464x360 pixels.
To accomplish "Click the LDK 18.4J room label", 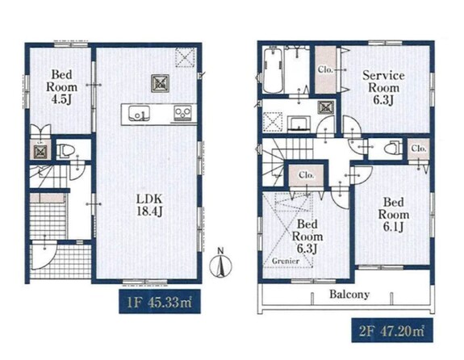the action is [149, 205].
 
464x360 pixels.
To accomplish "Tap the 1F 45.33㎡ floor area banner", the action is [160, 302].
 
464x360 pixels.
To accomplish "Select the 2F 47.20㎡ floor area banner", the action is [392, 330].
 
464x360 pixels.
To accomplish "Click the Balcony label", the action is [349, 295].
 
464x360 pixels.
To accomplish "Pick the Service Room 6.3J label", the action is [383, 88].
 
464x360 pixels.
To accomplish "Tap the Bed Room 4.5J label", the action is [61, 87].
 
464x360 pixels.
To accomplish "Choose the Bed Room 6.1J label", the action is [394, 215].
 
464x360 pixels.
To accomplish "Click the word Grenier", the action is [286, 261].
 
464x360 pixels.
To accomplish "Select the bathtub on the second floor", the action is [273, 71].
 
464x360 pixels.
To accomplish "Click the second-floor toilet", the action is [393, 147].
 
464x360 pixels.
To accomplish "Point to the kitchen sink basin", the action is [139, 114].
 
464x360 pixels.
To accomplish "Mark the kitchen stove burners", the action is [183, 113].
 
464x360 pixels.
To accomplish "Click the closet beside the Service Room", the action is [325, 70].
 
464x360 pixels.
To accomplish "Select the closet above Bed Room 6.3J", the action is [306, 175].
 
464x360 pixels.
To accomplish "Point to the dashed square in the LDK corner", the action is [186, 57].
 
